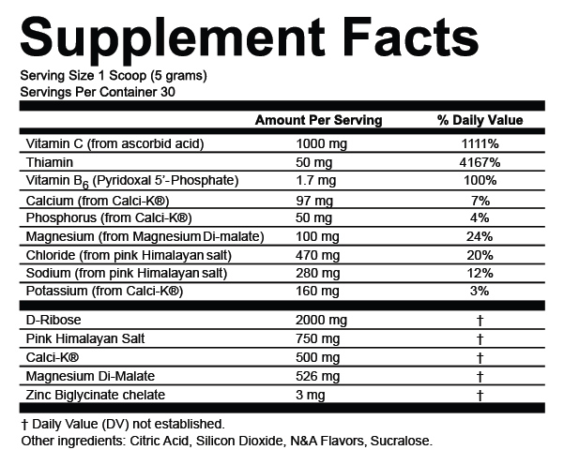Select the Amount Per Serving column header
pyautogui.click(x=318, y=120)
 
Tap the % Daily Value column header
pyautogui.click(x=480, y=120)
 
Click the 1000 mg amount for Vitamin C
pyautogui.click(x=321, y=143)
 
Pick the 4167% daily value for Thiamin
pyautogui.click(x=480, y=162)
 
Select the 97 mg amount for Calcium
pyautogui.click(x=313, y=199)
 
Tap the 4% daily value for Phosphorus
pyautogui.click(x=480, y=217)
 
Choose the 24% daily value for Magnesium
pyautogui.click(x=480, y=235)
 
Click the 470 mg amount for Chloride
pyautogui.click(x=317, y=254)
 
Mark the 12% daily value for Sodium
pyautogui.click(x=480, y=272)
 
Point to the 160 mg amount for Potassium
pyautogui.click(x=317, y=291)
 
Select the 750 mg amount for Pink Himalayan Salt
pyautogui.click(x=317, y=338)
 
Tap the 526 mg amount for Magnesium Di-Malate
pyautogui.click(x=317, y=376)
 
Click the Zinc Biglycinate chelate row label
pyautogui.click(x=96, y=394)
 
